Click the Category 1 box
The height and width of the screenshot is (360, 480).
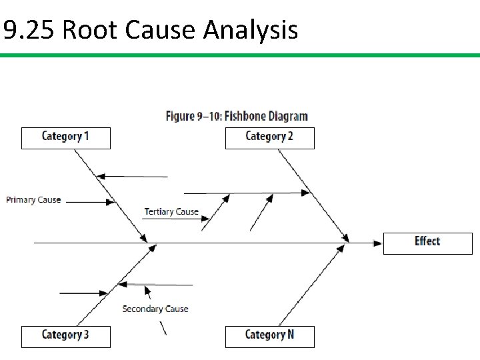65,137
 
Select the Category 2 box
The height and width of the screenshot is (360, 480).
269,137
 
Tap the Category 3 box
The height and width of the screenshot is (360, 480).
65,335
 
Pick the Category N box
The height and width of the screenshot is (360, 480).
269,335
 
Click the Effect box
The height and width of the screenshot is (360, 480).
427,242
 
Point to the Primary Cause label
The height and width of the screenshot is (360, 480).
33,199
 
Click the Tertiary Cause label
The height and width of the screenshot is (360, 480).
171,212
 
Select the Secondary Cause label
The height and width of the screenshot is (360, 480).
155,309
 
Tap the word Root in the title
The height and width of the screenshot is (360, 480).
90,30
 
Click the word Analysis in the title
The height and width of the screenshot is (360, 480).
250,30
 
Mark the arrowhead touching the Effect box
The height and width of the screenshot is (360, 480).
377,243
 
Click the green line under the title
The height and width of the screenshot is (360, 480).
240,56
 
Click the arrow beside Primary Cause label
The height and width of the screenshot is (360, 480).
90,201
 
